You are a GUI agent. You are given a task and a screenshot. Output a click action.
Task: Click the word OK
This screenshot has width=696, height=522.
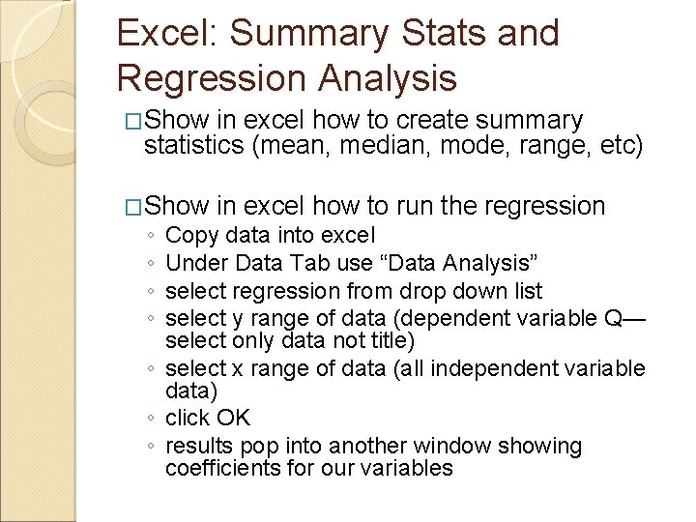[x=233, y=418]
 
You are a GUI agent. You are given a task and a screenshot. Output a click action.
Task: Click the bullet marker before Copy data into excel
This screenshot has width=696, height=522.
[x=151, y=236]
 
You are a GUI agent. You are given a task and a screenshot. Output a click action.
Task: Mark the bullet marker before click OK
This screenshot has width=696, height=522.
[x=151, y=419]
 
